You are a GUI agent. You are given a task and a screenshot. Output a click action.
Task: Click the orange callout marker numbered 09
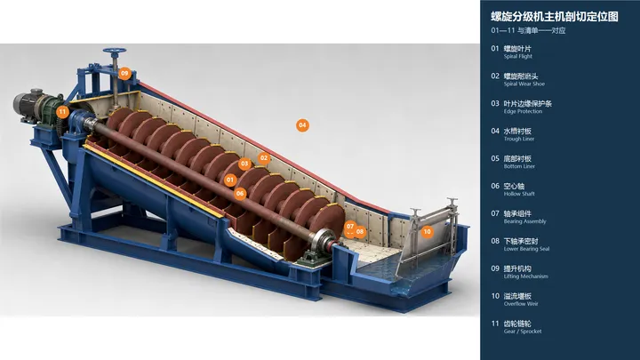click(124, 74)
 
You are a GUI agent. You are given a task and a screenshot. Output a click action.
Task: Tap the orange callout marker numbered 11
click(62, 111)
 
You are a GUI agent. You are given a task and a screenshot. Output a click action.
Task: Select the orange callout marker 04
click(302, 125)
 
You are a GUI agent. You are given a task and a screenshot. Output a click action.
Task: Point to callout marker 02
click(264, 158)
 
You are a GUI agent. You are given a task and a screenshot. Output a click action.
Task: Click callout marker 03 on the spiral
click(244, 164)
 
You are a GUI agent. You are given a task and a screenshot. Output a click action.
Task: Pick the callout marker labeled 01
click(230, 180)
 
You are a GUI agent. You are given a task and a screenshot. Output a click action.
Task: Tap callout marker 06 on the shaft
click(240, 194)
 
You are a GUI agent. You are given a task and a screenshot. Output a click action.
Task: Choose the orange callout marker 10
click(427, 232)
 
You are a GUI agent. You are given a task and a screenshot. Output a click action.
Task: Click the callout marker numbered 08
click(360, 232)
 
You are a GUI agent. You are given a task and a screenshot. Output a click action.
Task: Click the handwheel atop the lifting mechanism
click(115, 52)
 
